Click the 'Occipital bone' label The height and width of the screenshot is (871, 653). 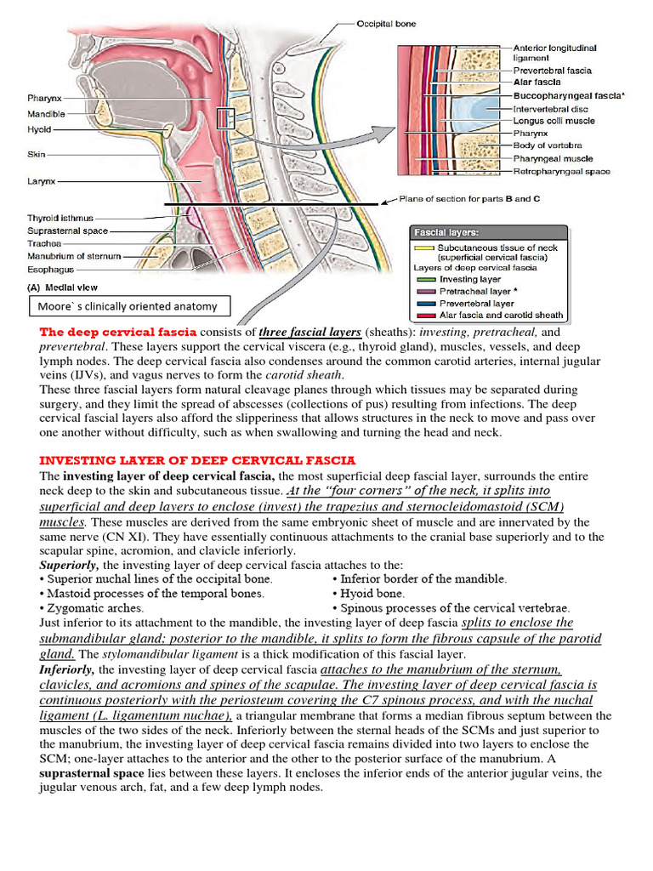click(387, 24)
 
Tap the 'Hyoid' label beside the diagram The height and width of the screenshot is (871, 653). click(39, 130)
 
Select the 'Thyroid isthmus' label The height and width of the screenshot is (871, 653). click(60, 219)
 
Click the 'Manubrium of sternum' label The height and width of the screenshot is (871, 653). click(74, 255)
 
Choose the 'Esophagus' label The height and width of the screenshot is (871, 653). click(48, 268)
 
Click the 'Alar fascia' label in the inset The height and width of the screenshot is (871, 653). click(537, 83)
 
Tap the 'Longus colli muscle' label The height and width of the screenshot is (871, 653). click(554, 121)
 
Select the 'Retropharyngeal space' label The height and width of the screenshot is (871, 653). click(562, 172)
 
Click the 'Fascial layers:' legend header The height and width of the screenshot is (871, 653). click(446, 231)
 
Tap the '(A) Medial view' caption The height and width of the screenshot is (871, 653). click(67, 287)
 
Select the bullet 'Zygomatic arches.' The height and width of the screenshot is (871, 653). click(95, 608)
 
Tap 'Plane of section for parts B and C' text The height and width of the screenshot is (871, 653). click(469, 199)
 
